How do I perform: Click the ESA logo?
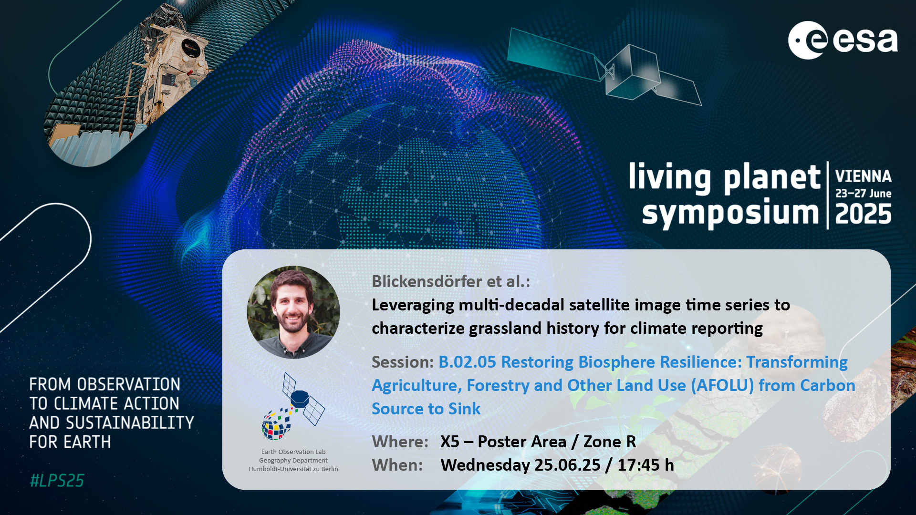click(x=843, y=41)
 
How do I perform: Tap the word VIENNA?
click(x=863, y=176)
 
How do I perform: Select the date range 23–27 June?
click(x=863, y=194)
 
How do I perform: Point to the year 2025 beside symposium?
click(x=863, y=214)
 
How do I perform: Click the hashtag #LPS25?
click(x=57, y=481)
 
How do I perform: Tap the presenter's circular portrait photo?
click(x=293, y=312)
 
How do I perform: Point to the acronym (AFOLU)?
click(x=723, y=385)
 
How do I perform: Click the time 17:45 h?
click(x=646, y=465)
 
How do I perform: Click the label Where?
click(x=400, y=442)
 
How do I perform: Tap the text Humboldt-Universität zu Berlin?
click(x=293, y=469)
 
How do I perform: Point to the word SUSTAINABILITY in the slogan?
click(x=130, y=423)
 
